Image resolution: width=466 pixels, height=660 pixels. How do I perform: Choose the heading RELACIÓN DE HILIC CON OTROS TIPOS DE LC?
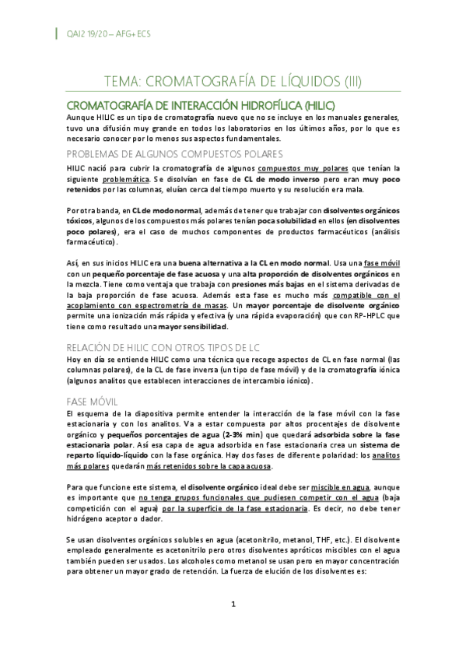(x=170, y=347)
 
